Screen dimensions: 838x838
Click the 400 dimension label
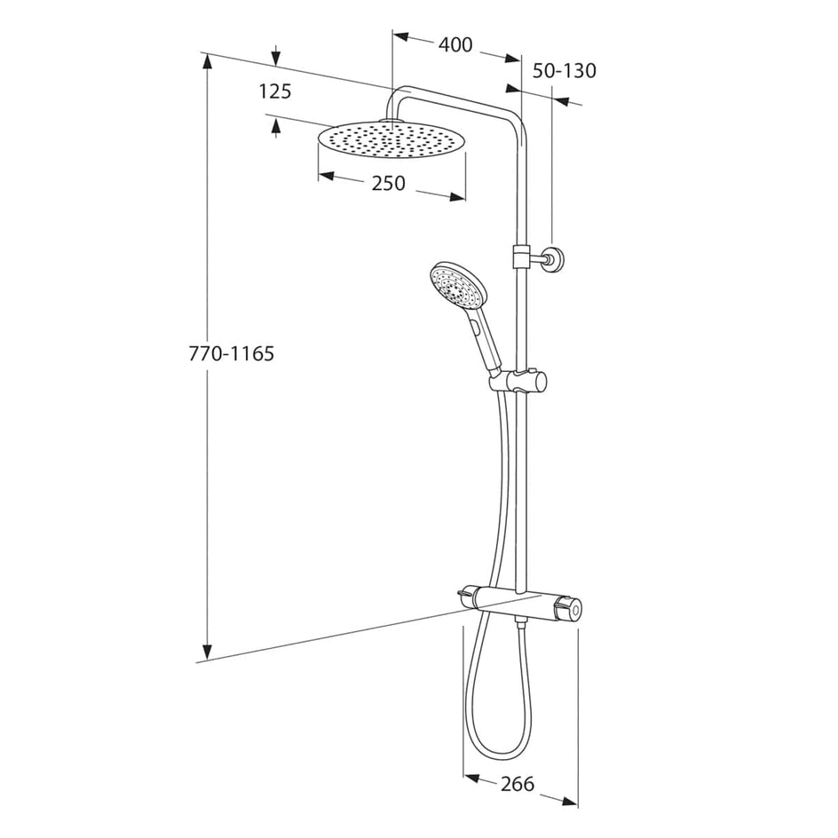coord(455,45)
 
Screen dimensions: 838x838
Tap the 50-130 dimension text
coord(564,70)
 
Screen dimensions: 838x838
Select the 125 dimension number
coord(275,92)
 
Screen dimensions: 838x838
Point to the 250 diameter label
coord(389,183)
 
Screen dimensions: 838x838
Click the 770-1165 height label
coord(232,353)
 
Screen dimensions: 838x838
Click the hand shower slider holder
coord(518,381)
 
